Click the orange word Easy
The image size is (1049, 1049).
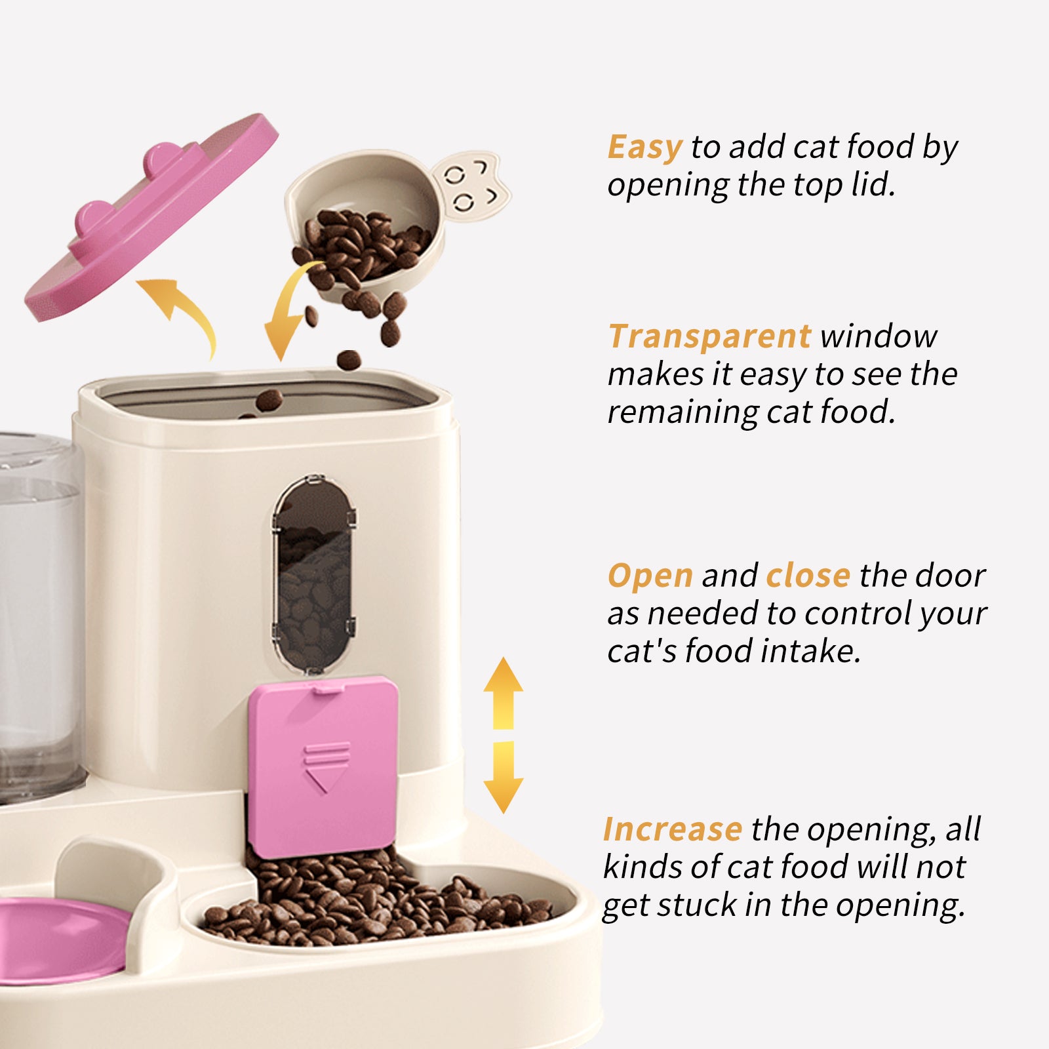click(x=644, y=147)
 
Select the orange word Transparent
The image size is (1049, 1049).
click(x=709, y=336)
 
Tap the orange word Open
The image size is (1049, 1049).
click(x=650, y=576)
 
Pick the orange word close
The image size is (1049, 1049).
click(x=808, y=576)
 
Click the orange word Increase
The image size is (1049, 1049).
click(x=672, y=829)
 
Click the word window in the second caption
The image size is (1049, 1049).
click(x=879, y=336)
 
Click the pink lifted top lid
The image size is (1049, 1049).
click(x=151, y=216)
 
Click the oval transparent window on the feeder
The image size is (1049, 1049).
click(x=315, y=574)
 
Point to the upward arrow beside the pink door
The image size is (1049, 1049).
click(x=503, y=692)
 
